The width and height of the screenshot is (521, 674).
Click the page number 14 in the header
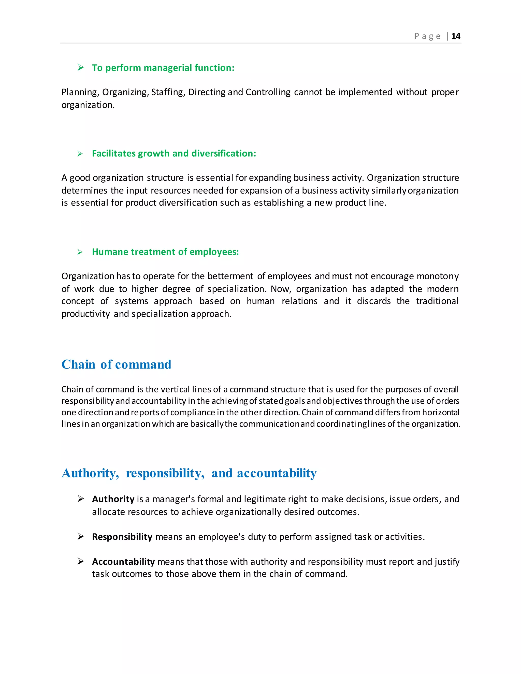tap(456, 36)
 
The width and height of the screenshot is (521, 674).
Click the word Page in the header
tap(427, 36)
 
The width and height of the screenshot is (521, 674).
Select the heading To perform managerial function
tap(163, 68)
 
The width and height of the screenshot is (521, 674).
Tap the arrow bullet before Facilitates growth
tap(80, 154)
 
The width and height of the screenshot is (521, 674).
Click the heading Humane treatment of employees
tap(165, 252)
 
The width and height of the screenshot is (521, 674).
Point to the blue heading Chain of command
tap(116, 364)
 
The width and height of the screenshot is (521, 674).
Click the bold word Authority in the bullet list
tap(113, 499)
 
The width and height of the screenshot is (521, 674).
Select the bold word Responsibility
tap(122, 537)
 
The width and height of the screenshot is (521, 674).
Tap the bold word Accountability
tap(123, 561)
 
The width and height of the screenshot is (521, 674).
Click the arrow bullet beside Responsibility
tap(81, 537)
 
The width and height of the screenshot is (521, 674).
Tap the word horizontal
tap(440, 413)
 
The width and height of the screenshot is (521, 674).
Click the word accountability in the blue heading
tap(277, 473)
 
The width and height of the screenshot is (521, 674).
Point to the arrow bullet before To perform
tap(81, 68)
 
